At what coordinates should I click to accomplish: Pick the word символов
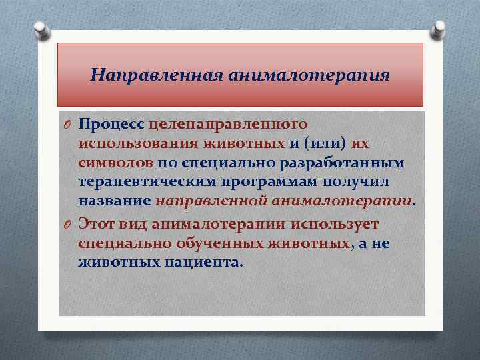(x=117, y=163)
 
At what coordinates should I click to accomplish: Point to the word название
(x=115, y=201)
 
